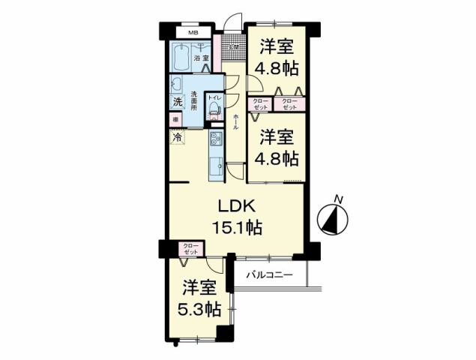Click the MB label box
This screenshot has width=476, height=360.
coord(193,33)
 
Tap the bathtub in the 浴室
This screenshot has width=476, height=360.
coord(181,58)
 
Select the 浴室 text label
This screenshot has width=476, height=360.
coord(200,58)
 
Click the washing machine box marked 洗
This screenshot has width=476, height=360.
coord(177,101)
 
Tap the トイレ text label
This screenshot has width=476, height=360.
coord(214,97)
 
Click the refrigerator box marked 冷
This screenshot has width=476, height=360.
coord(177,138)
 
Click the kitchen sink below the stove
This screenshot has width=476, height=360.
coord(214,163)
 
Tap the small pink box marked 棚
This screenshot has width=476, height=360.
coord(175,119)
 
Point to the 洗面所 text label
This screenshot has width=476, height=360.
coord(193,101)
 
